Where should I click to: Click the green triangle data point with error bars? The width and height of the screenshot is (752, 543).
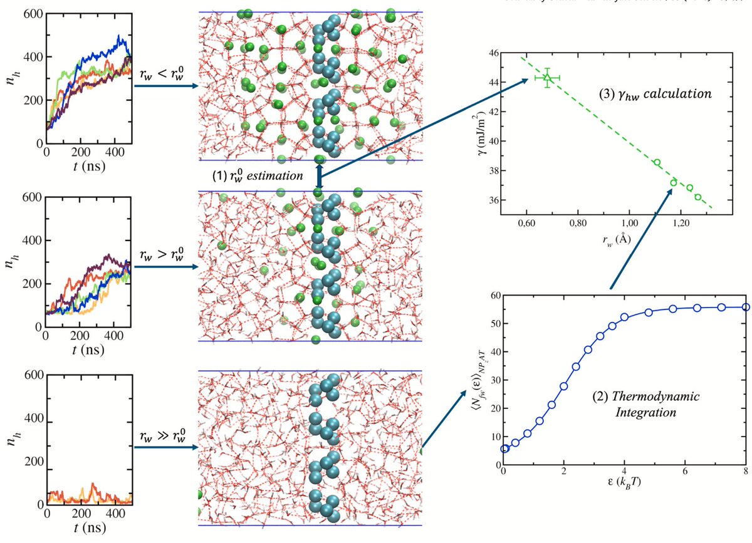click(x=547, y=78)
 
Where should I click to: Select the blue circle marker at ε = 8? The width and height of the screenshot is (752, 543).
click(x=745, y=307)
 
